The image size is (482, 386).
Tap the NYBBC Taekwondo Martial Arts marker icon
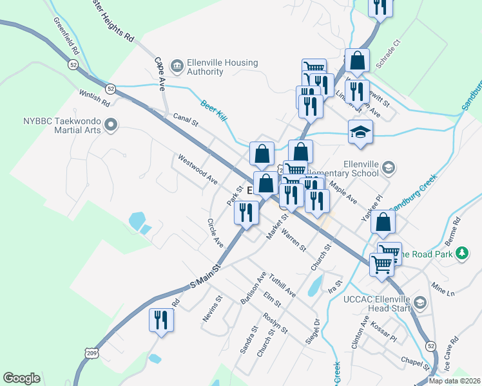pyautogui.click(x=111, y=125)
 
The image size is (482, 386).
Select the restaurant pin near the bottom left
pyautogui.click(x=161, y=320)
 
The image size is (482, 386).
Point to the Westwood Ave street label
pyautogui.click(x=198, y=169)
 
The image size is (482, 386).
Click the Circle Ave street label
pyautogui.click(x=215, y=233)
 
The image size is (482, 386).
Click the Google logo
pyautogui.click(x=21, y=378)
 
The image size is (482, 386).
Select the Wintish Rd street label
pyautogui.click(x=95, y=98)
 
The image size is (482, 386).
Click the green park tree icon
pyautogui.click(x=461, y=254)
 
